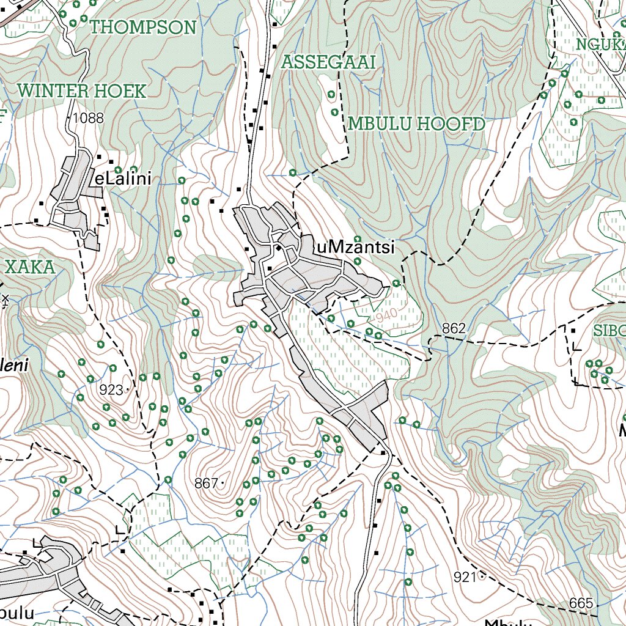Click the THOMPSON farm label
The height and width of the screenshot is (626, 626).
point(143,28)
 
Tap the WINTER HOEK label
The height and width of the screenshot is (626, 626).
point(82,92)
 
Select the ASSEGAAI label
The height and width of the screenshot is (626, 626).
point(328,62)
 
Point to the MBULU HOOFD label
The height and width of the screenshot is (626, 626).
point(416,125)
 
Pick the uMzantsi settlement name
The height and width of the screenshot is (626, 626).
point(355,247)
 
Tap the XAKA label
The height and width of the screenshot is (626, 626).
point(29,267)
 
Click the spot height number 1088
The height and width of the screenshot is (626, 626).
point(87,119)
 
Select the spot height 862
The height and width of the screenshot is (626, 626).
point(454,329)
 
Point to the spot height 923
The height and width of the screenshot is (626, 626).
point(111,390)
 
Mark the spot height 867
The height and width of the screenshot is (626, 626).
point(206,484)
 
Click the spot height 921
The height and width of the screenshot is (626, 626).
point(465,576)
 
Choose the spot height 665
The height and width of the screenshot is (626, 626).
point(580,603)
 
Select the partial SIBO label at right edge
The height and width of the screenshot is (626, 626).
point(609,331)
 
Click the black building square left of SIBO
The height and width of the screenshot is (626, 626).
point(573,331)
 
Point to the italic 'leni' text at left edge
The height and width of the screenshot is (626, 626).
point(13,365)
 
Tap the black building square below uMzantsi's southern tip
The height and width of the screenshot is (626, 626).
point(383,453)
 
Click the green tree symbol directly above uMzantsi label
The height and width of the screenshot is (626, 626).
point(358,239)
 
